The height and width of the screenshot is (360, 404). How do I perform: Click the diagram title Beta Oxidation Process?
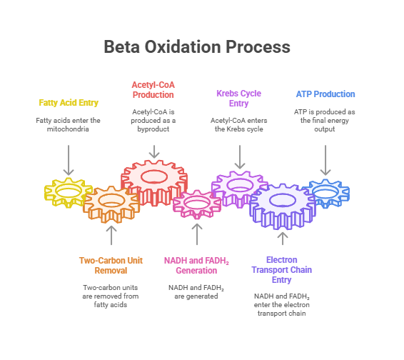pos(197,46)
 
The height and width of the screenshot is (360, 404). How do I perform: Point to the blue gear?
pos(325,192)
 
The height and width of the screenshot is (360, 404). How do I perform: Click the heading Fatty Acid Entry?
pos(69,103)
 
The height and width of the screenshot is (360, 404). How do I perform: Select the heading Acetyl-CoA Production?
pos(153,89)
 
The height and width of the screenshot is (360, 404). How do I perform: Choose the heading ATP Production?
pos(325,94)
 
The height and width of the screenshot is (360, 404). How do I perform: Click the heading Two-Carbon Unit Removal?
pos(111,265)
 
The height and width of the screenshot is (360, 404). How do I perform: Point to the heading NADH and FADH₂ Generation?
pos(197,265)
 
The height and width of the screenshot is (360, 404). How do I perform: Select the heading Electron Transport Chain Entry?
pos(282,270)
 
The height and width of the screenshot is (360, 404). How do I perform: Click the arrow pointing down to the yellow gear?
pos(69,159)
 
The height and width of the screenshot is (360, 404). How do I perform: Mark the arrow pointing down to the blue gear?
pos(325,159)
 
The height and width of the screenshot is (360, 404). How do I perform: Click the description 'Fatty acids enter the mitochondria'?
pos(69,126)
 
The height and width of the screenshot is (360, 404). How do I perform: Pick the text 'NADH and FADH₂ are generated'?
pos(197,291)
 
